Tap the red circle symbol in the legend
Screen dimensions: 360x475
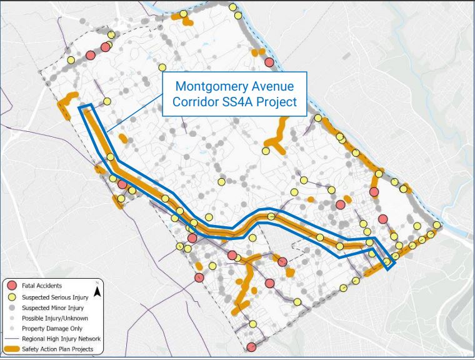[12, 286]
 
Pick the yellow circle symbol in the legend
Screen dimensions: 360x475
[12, 297]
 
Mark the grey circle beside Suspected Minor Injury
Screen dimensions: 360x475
[12, 307]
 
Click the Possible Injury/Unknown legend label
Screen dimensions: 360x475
[54, 318]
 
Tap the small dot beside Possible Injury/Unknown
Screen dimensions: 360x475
[12, 318]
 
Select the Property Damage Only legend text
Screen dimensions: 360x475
[51, 328]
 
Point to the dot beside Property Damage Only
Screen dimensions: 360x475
[12, 328]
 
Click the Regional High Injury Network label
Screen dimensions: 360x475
[61, 339]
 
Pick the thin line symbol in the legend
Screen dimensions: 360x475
[12, 339]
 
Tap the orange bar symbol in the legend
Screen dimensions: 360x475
[12, 349]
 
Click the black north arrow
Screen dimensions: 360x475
[97, 289]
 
